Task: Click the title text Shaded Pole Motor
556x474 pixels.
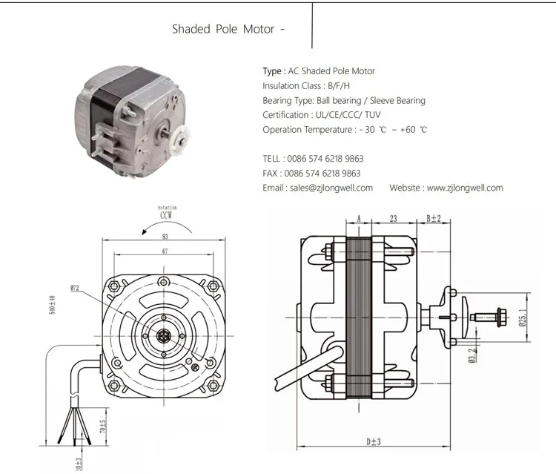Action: pyautogui.click(x=223, y=30)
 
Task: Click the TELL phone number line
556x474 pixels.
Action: pyautogui.click(x=313, y=159)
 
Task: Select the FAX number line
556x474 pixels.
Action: pyautogui.click(x=311, y=173)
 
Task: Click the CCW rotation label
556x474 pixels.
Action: pyautogui.click(x=168, y=216)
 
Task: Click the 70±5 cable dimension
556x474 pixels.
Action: pyautogui.click(x=102, y=427)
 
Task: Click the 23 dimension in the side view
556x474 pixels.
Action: pyautogui.click(x=394, y=219)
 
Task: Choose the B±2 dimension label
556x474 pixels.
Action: pyautogui.click(x=434, y=219)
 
